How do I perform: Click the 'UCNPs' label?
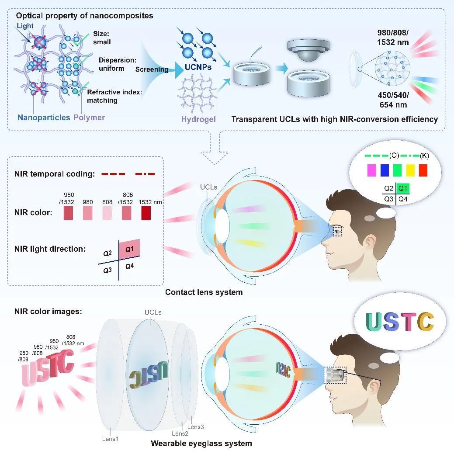(x=198, y=67)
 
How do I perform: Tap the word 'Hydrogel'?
(x=198, y=119)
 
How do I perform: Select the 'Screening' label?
(x=152, y=69)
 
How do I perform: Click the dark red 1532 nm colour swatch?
(x=146, y=213)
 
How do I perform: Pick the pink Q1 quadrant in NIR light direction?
(x=129, y=248)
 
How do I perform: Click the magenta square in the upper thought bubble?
(x=371, y=170)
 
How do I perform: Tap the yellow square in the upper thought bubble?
(x=410, y=170)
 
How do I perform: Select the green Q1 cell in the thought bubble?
(x=403, y=188)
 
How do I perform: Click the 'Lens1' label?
(x=110, y=439)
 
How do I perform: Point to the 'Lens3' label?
(x=195, y=427)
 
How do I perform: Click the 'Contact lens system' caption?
(x=204, y=292)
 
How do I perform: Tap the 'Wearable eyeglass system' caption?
(x=201, y=444)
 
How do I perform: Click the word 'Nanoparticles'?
(x=44, y=117)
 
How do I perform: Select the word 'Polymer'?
(x=89, y=118)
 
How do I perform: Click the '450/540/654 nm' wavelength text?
(x=393, y=100)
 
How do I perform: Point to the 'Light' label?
(x=25, y=26)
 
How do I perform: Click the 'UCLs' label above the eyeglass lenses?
(x=153, y=312)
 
